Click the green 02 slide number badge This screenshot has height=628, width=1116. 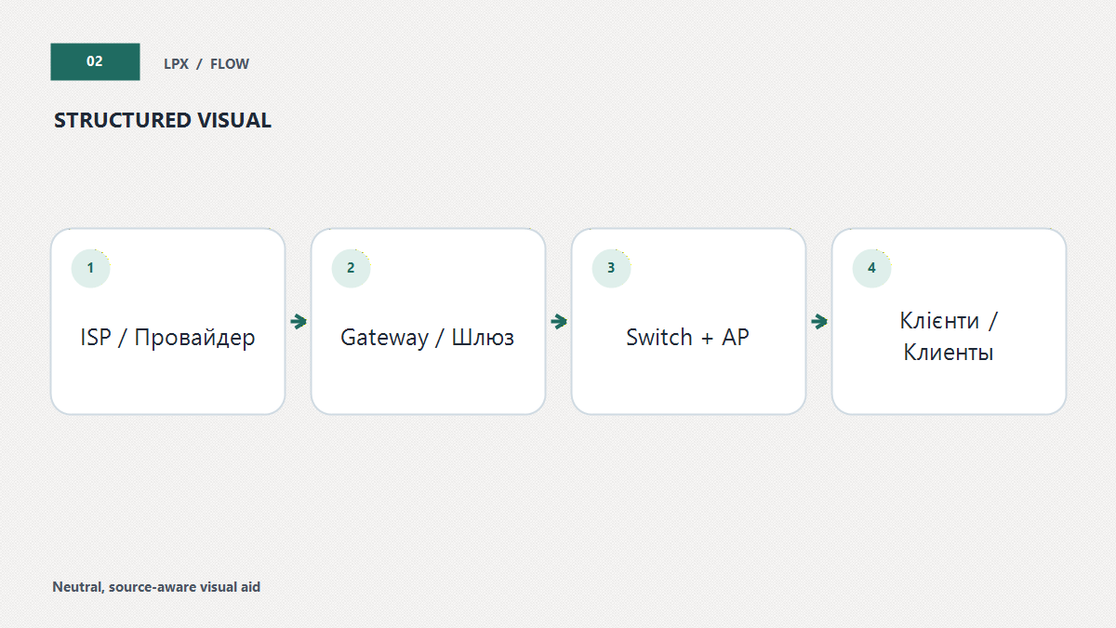click(95, 61)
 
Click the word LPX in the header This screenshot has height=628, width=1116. click(177, 64)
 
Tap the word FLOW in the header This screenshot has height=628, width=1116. click(229, 64)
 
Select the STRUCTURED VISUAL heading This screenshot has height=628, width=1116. click(163, 120)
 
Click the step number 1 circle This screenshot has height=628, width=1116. click(91, 268)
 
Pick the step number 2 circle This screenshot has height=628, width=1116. click(352, 268)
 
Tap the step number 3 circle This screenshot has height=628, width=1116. click(611, 268)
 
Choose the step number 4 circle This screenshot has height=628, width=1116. click(872, 268)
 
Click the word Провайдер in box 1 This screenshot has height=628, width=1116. click(194, 338)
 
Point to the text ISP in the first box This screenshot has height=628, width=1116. click(96, 338)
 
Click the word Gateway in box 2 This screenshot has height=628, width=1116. click(384, 338)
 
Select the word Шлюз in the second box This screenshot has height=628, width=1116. click(483, 338)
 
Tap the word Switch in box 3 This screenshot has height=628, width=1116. click(659, 337)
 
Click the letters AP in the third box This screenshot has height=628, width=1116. click(736, 338)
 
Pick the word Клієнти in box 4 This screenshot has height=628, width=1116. click(939, 320)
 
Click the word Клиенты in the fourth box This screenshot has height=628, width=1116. click(949, 353)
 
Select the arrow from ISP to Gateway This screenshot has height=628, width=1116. click(299, 322)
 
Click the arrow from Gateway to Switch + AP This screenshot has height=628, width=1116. click(559, 322)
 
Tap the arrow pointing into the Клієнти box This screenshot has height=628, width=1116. click(819, 322)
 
